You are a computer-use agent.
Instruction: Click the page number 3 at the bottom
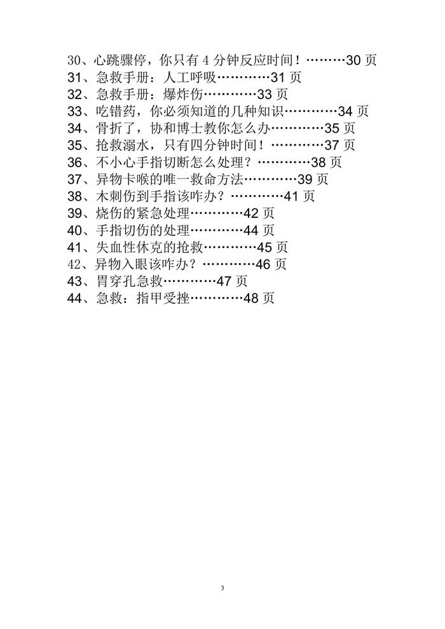tap(222, 588)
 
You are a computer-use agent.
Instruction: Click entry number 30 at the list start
tap(74, 60)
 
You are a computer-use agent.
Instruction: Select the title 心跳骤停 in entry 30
tap(119, 60)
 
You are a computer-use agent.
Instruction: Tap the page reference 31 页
tap(285, 78)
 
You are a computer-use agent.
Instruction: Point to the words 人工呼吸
tap(190, 78)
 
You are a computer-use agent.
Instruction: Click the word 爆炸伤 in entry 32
tap(183, 94)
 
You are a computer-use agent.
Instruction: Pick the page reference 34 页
tap(353, 111)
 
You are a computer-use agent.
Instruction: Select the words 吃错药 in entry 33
tap(116, 111)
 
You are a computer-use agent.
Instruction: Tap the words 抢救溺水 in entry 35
tap(123, 145)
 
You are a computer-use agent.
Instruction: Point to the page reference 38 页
tap(326, 162)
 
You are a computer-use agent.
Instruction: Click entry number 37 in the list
tap(74, 179)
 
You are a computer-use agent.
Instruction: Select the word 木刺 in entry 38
tap(109, 196)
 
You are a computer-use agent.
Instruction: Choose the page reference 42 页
tap(259, 213)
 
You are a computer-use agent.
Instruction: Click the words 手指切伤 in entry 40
tap(123, 230)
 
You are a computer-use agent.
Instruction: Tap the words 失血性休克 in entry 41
tap(129, 247)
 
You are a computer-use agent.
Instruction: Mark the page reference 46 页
tap(271, 264)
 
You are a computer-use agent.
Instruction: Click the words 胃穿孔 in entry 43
tap(116, 281)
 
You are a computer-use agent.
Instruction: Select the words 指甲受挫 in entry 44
tap(163, 298)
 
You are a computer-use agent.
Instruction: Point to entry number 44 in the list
tap(74, 298)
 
